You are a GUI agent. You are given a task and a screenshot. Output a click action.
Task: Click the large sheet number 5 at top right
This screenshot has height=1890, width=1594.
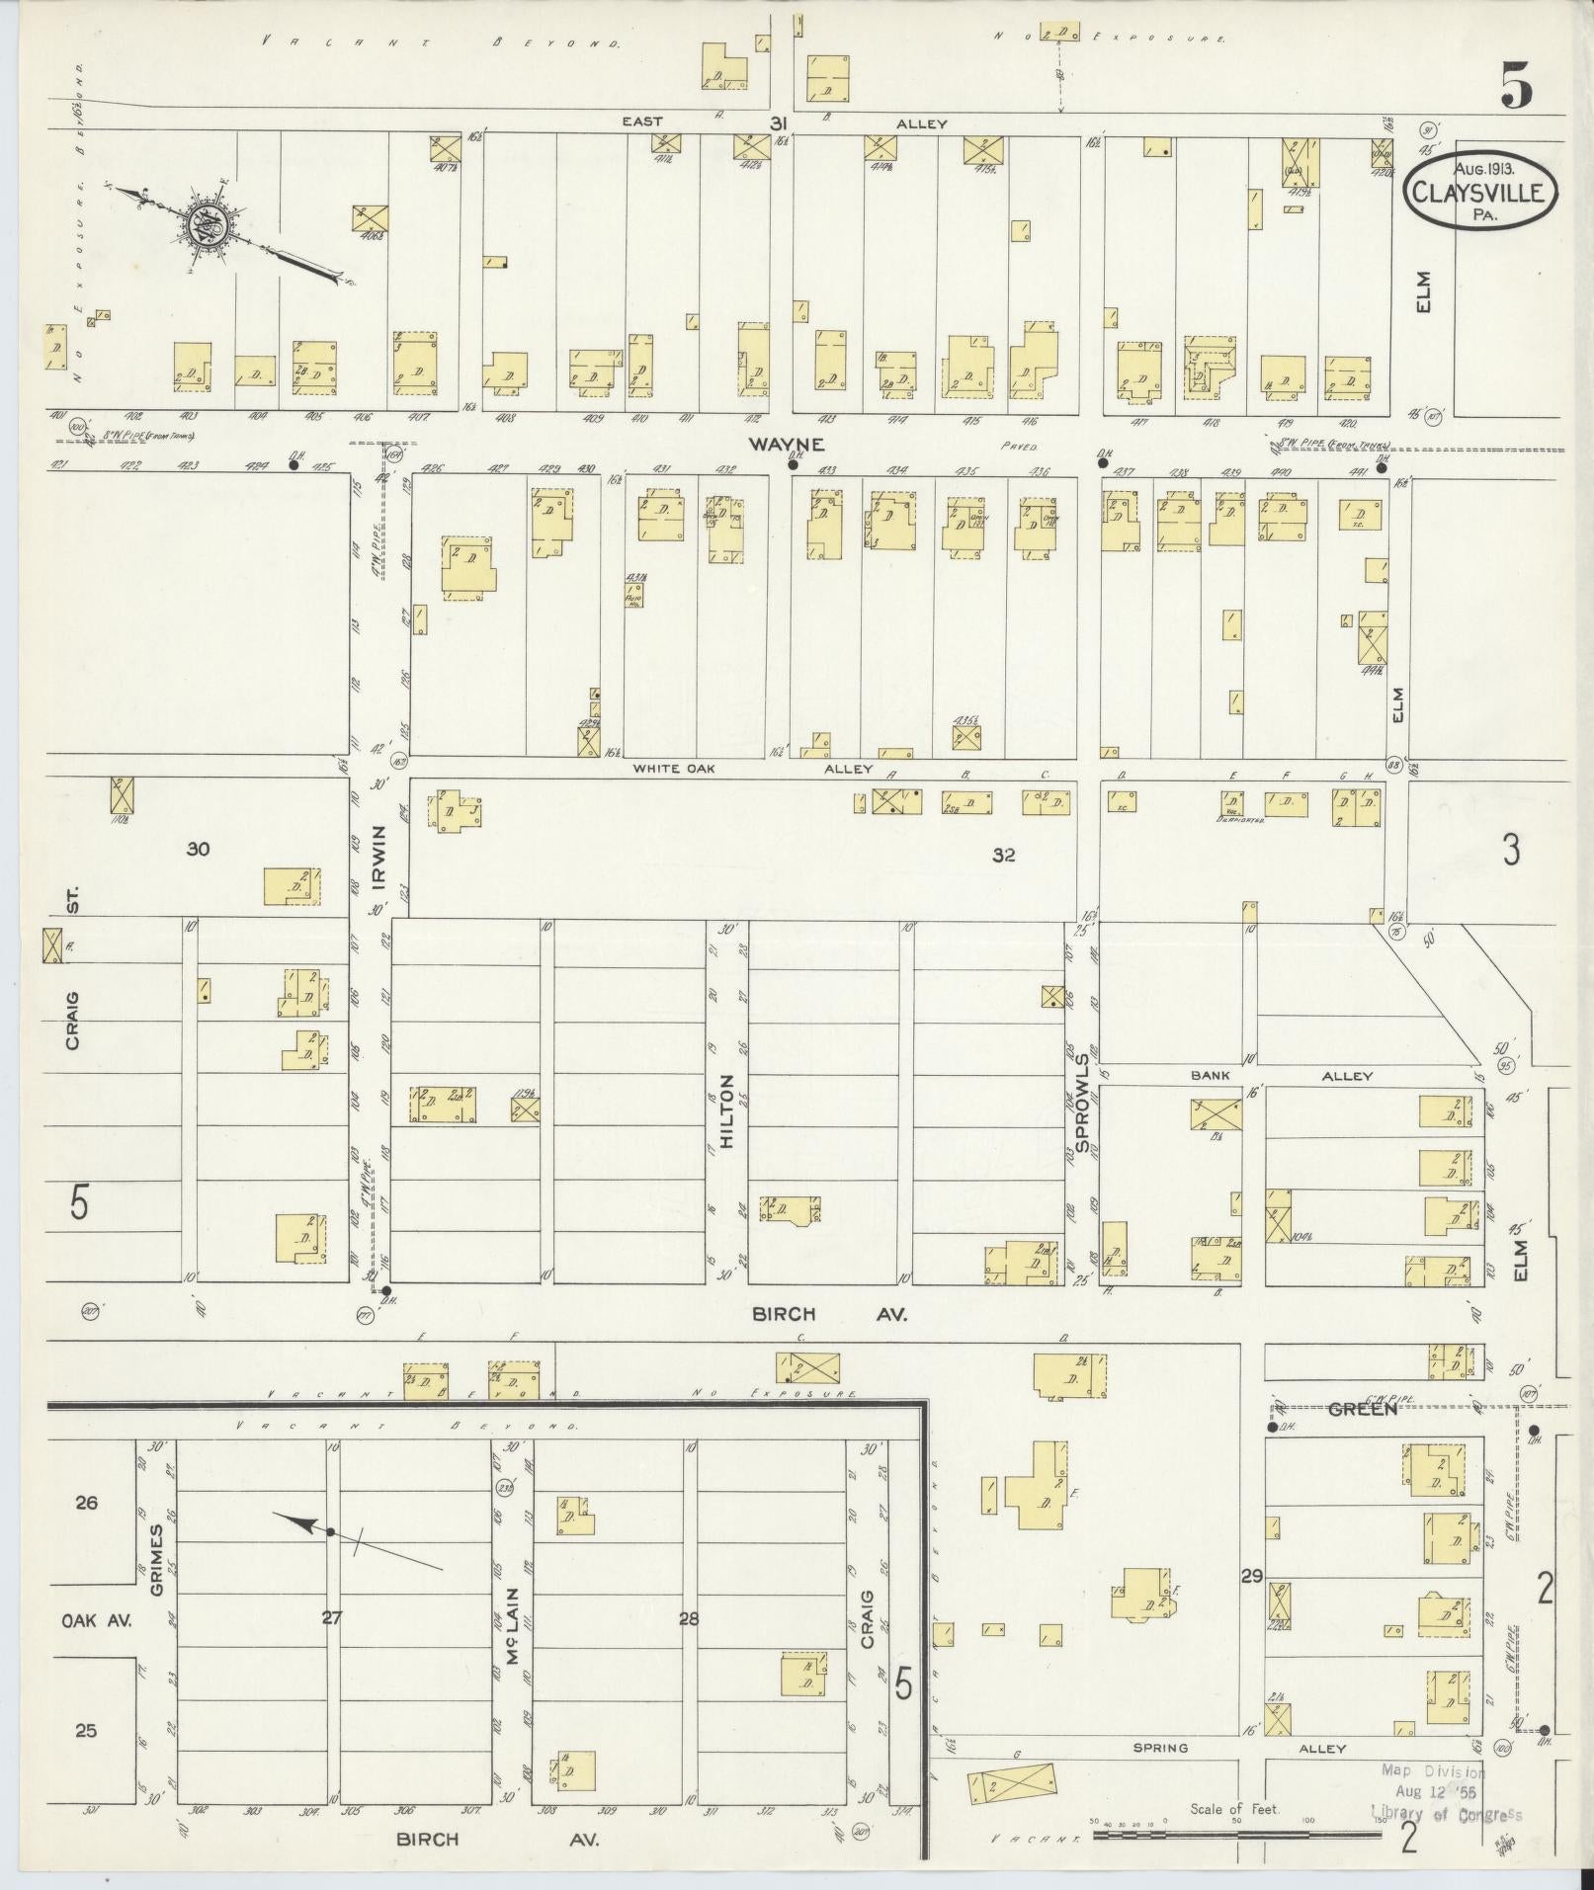pos(1517,87)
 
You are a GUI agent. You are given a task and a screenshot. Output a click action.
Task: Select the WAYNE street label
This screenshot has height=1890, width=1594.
pos(786,445)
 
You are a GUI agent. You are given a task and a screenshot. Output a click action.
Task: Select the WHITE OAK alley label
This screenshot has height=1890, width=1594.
pos(673,768)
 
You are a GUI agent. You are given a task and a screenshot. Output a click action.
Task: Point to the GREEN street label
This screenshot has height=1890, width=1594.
pos(1363,1410)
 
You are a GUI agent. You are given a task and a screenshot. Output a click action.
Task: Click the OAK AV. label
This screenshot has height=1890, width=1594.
pos(96,1621)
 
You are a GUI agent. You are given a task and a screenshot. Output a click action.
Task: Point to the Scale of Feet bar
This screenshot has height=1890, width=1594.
pos(1235,1835)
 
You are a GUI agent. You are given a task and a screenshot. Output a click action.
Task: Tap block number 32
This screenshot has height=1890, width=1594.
pos(1005,854)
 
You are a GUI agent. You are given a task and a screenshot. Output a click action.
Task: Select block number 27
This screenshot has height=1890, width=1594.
pos(332,1618)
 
